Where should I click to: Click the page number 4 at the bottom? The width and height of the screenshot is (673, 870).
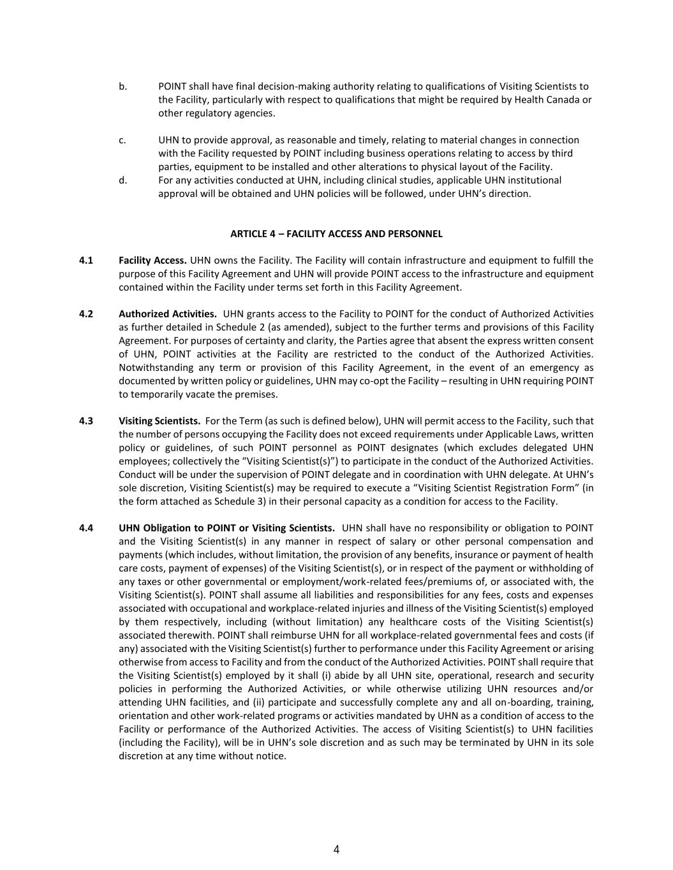coord(336,849)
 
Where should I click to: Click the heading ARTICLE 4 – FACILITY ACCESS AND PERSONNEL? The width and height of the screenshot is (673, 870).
coord(336,233)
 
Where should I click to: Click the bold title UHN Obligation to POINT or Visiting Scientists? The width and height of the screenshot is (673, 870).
coord(226,528)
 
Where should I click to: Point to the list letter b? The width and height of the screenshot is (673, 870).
coord(122,86)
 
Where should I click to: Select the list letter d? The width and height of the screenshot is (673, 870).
coord(122,180)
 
